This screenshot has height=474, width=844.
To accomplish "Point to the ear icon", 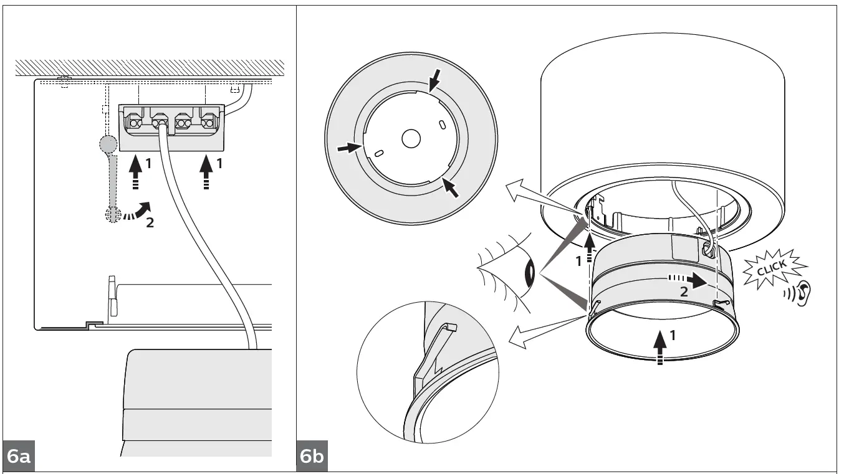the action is tap(805, 292).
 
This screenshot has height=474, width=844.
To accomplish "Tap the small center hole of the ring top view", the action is tap(411, 138).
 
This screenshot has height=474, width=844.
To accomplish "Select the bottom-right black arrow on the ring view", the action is tap(451, 187).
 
